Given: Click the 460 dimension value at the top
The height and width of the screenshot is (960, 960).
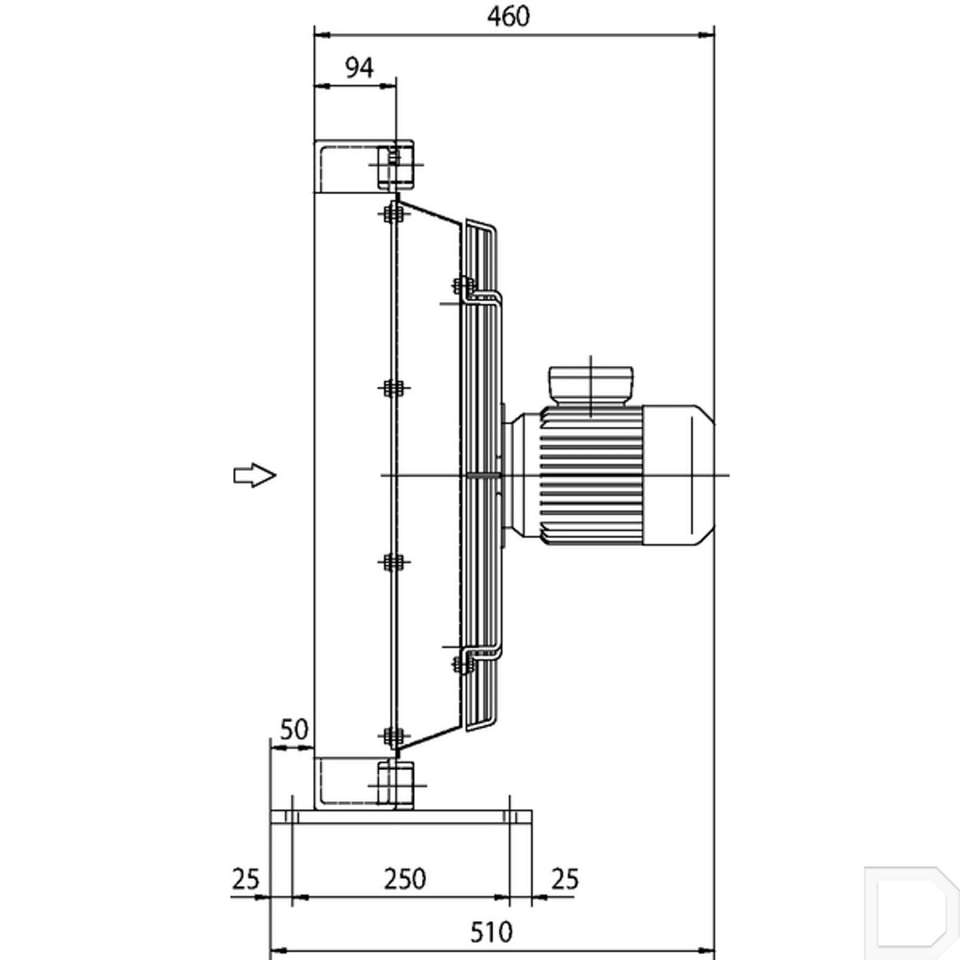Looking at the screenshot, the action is pos(508,17).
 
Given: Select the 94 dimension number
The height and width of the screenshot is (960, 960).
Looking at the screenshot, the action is pos(359,68).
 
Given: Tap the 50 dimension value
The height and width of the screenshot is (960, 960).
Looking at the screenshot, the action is pos(294,730).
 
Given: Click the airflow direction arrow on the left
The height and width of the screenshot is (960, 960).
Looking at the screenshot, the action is pos(254,475).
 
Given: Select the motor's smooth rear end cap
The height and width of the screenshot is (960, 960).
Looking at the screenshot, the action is pos(678,475).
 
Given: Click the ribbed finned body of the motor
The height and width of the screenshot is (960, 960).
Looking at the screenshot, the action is pos(591,475).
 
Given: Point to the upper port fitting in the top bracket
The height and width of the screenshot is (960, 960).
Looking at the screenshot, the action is pos(395,167).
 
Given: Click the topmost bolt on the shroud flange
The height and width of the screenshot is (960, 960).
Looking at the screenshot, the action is pos(393,214).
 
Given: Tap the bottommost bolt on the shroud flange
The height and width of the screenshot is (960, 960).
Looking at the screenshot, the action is pos(393,735).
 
